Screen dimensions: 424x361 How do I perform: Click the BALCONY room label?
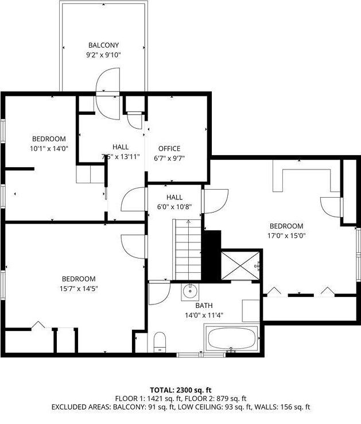pos(104,45)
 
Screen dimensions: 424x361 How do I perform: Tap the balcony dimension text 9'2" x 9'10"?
pos(104,55)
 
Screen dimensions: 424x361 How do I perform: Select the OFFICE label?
pos(169,148)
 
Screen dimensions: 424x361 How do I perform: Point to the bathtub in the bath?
pos(232,338)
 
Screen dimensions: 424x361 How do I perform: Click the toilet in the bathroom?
pos(160,342)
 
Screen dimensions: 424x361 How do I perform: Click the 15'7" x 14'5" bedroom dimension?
pos(79,288)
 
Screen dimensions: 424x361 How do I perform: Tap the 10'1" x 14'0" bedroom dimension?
pos(49,148)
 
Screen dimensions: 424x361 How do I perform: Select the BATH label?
pos(205,306)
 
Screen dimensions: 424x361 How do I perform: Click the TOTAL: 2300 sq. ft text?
pos(180,390)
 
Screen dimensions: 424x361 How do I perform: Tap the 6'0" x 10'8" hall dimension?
pos(174,207)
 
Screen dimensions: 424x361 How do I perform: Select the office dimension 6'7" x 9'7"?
pos(169,158)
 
